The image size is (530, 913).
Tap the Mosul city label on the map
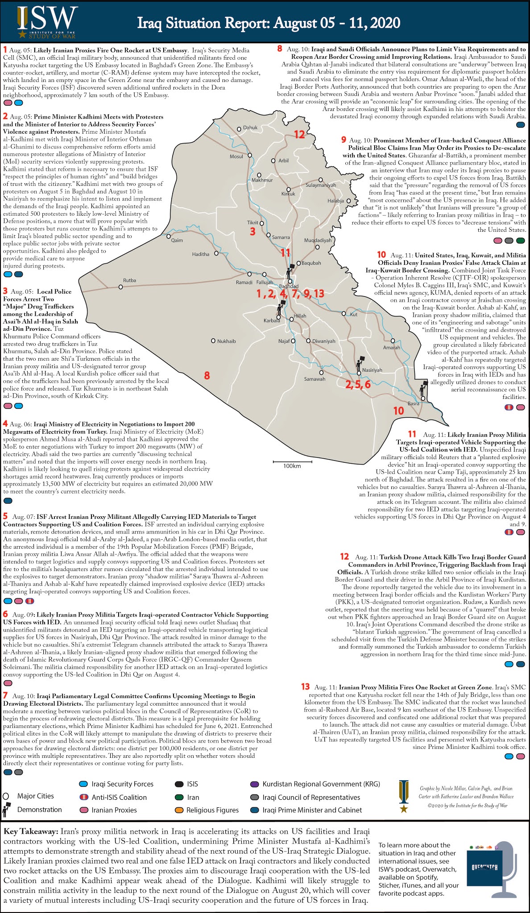point(236,156)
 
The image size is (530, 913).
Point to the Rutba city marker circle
point(120,287)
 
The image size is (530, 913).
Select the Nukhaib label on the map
point(226,341)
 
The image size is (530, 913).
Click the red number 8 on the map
point(207,375)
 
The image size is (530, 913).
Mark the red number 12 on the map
point(299,134)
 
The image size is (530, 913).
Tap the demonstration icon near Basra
point(423,389)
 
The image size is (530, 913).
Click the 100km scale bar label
point(292,466)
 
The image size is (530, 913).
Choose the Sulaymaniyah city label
point(321,185)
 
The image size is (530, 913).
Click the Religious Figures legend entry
point(212,810)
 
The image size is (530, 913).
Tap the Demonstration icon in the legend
point(7,810)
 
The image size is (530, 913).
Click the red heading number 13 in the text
point(305,687)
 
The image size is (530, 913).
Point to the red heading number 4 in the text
point(5,424)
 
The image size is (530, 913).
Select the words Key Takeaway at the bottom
point(31,832)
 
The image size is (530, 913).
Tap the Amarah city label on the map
point(392,347)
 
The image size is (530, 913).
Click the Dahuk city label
point(250,127)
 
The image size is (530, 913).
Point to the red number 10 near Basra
point(398,411)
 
